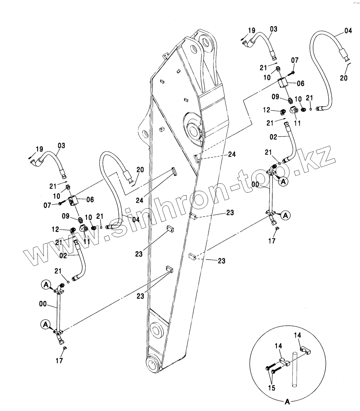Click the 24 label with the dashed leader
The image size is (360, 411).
[x=232, y=154]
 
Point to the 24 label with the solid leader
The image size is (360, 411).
[x=140, y=200]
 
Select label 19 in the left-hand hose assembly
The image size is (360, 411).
[x=39, y=149]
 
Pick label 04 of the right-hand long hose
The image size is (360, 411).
[x=348, y=31]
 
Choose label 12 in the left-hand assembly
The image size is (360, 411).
[x=55, y=229]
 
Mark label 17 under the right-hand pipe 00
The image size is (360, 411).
[x=272, y=241]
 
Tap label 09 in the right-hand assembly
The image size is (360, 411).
[x=275, y=97]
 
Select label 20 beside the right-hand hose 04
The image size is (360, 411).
[x=344, y=78]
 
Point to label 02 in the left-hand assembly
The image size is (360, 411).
[x=63, y=256]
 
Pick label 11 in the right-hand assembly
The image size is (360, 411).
[x=297, y=123]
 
